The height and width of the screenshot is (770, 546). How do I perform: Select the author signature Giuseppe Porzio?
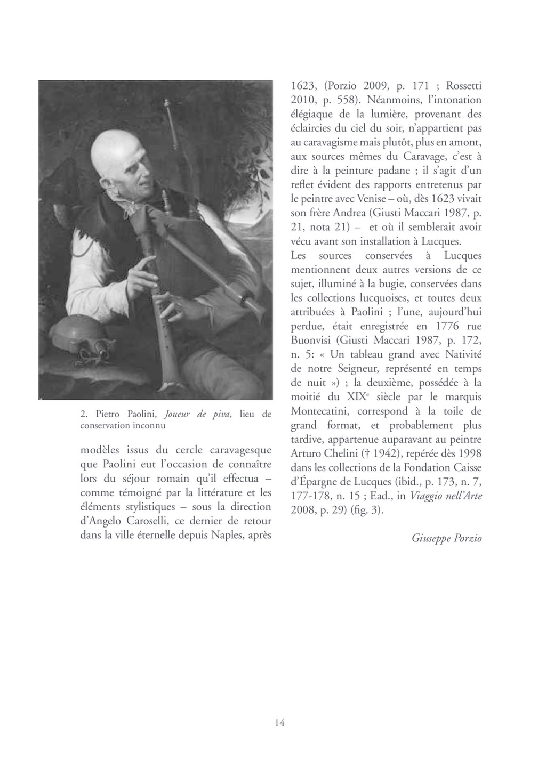coord(446,538)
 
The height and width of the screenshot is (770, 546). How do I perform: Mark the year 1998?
coord(469,454)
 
